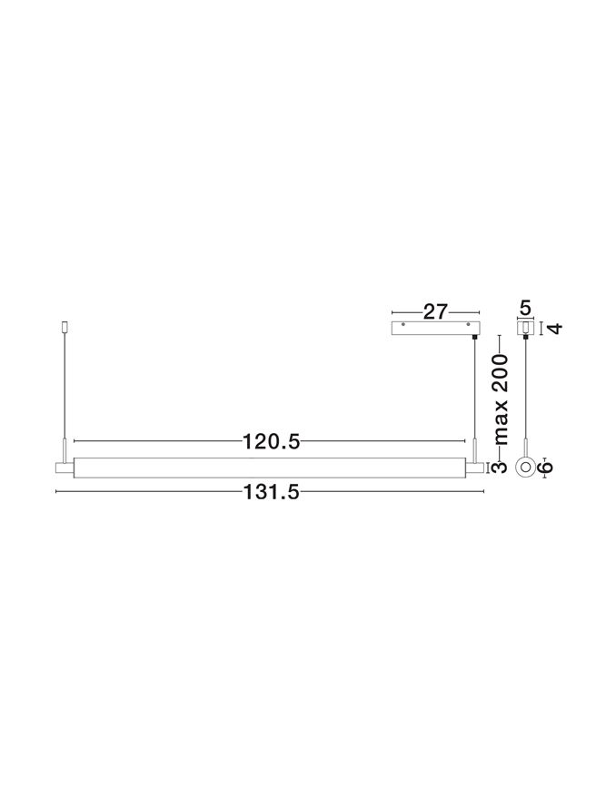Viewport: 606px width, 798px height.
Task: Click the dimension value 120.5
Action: point(271,441)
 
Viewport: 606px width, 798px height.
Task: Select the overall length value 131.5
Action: point(270,492)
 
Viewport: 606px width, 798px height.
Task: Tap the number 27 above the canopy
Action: point(435,311)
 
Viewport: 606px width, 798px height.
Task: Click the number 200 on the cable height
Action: point(502,373)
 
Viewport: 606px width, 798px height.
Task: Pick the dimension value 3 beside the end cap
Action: point(501,468)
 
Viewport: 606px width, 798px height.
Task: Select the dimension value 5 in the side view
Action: point(525,308)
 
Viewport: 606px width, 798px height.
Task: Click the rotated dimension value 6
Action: point(545,467)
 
